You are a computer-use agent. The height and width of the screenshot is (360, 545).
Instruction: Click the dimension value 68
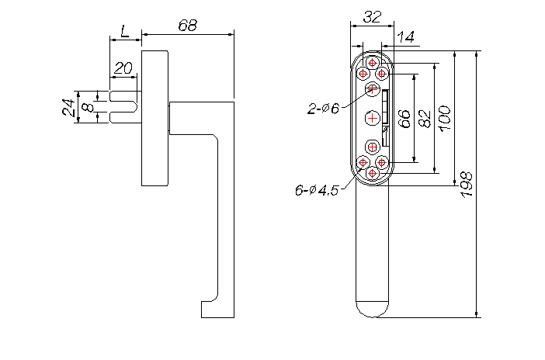click(x=188, y=26)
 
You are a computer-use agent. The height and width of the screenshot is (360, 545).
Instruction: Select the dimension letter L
click(x=125, y=31)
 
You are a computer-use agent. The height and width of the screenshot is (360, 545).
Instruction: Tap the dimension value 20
click(x=123, y=68)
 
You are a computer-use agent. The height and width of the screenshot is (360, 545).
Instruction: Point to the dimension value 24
click(x=68, y=107)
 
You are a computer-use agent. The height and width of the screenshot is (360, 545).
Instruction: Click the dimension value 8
click(x=89, y=107)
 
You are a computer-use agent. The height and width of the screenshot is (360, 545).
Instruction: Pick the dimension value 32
click(x=372, y=16)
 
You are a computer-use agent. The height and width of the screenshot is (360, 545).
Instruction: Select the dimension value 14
click(x=405, y=36)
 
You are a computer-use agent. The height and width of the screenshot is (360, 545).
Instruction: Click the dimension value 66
click(x=404, y=119)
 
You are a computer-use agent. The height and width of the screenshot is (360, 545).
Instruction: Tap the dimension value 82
click(x=425, y=119)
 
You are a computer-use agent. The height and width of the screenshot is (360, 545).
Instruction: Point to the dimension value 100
click(x=445, y=118)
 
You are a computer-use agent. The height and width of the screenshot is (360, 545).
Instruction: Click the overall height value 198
click(x=467, y=185)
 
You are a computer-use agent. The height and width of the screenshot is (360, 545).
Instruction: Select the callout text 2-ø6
click(x=323, y=109)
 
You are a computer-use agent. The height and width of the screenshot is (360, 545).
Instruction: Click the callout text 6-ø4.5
click(x=317, y=190)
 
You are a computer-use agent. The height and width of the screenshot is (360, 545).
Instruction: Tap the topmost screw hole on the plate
click(x=372, y=63)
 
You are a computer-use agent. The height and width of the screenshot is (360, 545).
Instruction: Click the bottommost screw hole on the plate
click(x=372, y=173)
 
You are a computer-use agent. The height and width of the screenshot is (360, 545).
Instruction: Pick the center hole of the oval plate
click(x=372, y=118)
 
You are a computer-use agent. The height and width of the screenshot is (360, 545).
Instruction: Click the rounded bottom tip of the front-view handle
click(x=372, y=310)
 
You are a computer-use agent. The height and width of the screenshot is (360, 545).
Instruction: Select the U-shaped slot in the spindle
click(x=123, y=106)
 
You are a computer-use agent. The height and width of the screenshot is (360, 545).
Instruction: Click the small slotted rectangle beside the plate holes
click(x=385, y=118)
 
